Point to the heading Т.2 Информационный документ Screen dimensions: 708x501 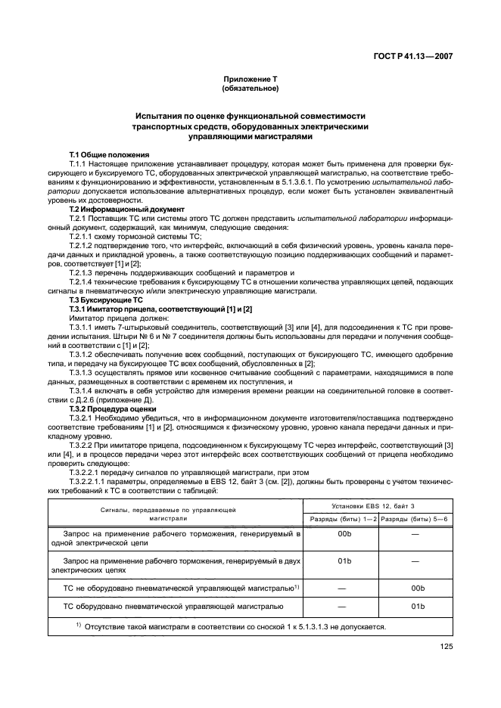[126, 209]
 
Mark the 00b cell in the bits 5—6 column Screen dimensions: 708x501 [415, 587]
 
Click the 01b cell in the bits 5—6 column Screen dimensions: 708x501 [415, 606]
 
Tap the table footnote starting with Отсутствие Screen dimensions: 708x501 [231, 627]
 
